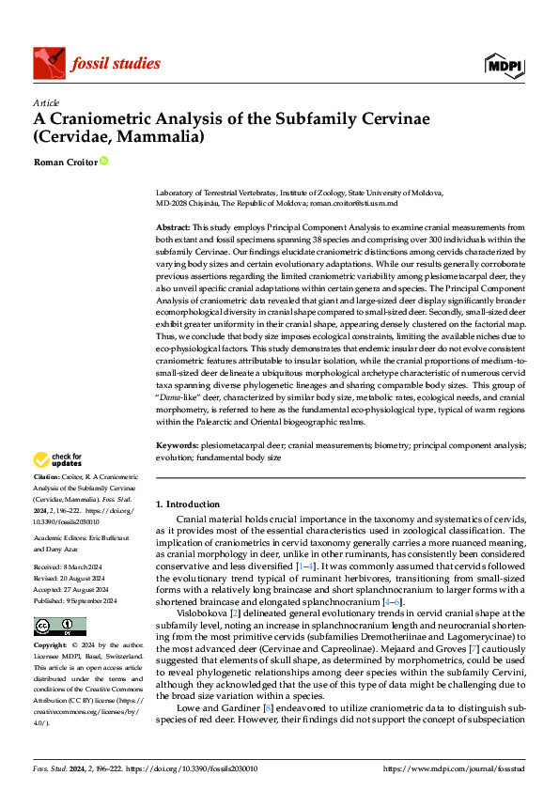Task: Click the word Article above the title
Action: pyautogui.click(x=46, y=102)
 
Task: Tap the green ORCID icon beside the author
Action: pyautogui.click(x=103, y=162)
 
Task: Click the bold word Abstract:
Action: pyautogui.click(x=173, y=228)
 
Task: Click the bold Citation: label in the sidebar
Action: pyautogui.click(x=49, y=478)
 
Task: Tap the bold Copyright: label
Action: pyautogui.click(x=53, y=646)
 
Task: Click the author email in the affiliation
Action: pyautogui.click(x=354, y=203)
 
